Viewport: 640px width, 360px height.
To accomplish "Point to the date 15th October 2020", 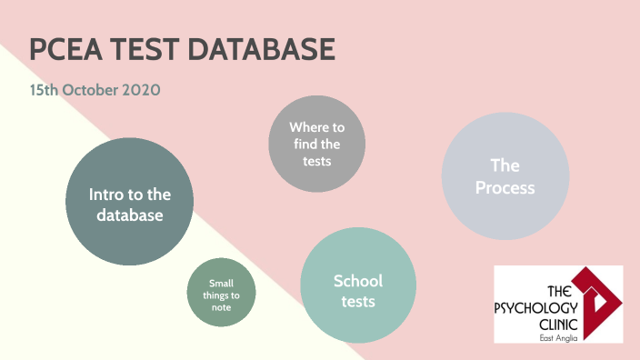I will (95, 91).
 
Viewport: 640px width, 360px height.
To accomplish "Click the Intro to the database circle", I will (130, 202).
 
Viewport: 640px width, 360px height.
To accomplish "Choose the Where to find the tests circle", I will (316, 145).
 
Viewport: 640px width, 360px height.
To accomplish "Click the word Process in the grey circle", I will (505, 188).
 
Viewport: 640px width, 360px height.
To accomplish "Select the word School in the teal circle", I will (358, 280).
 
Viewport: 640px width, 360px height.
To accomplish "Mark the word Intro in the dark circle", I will (105, 194).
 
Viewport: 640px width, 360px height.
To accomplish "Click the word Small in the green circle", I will (221, 283).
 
